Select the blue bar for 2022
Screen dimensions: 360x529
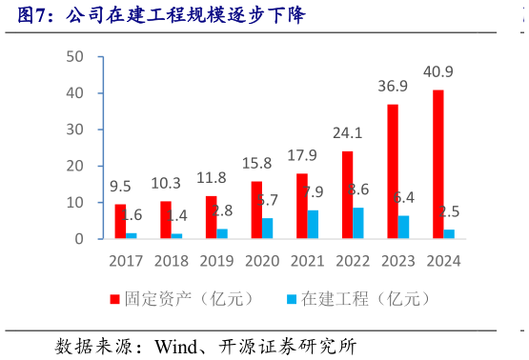[357, 223]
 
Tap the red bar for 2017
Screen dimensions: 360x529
[120, 221]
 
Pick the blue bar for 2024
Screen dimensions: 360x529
[449, 233]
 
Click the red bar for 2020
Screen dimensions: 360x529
[256, 210]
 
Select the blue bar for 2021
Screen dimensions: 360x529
[313, 224]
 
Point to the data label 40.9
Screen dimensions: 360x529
[438, 71]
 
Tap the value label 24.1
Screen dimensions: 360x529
[347, 132]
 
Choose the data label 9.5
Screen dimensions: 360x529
[120, 186]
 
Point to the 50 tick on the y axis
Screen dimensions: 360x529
[75, 57]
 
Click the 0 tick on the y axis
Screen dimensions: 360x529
[80, 239]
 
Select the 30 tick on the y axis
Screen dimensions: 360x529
[75, 130]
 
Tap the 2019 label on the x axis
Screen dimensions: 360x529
[216, 261]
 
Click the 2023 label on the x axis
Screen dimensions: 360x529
[398, 261]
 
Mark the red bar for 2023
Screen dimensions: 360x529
[393, 171]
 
